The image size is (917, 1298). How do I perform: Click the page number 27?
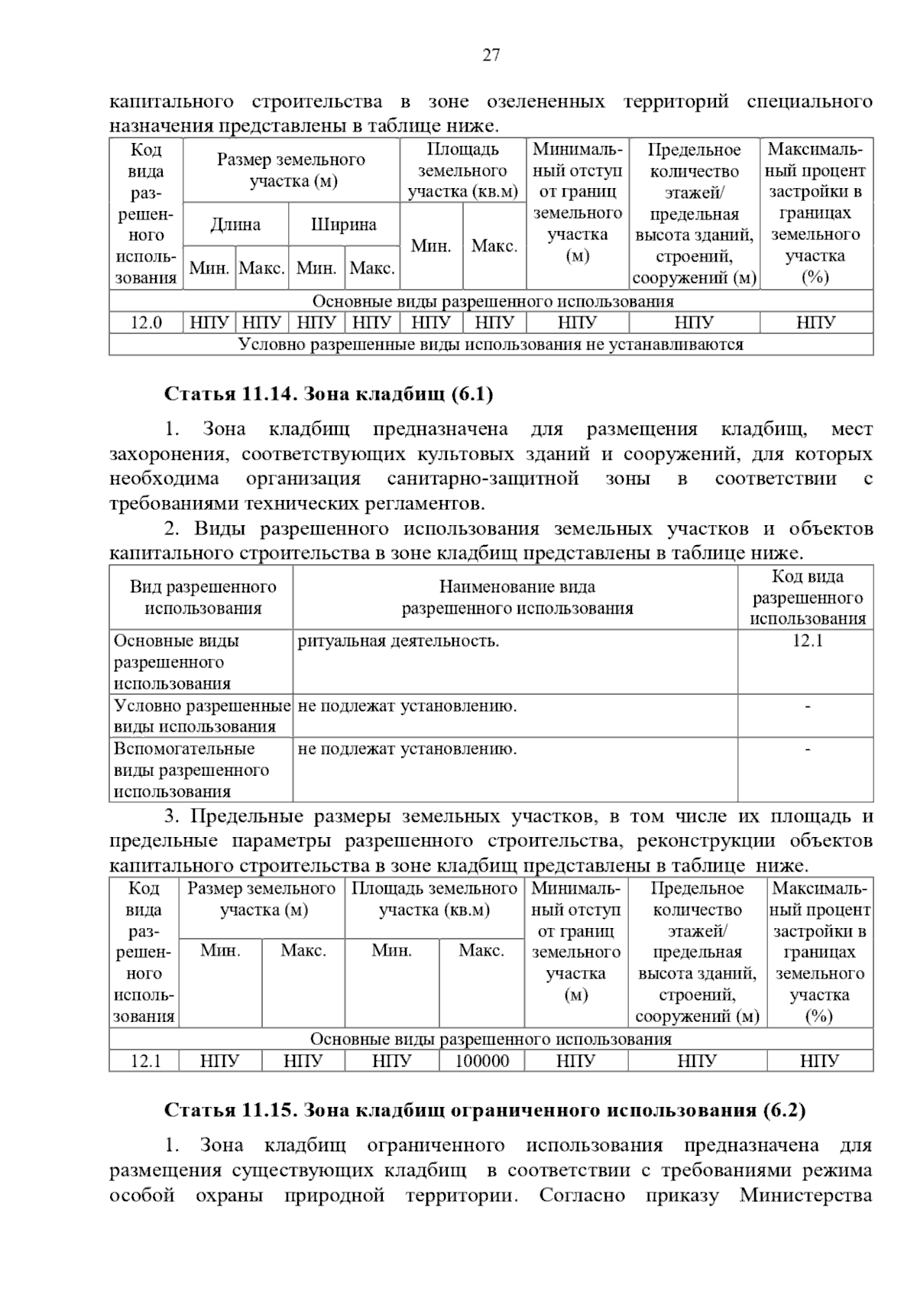coord(491,55)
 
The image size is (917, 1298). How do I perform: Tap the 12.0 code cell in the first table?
coord(146,323)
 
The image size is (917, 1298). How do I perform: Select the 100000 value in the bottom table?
coord(481,1061)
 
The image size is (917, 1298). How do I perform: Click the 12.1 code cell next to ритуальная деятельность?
coord(807,641)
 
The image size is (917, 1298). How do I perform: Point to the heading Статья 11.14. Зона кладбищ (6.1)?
coord(329,394)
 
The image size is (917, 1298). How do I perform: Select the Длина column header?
coord(235,225)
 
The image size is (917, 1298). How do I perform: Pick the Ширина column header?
coord(344,225)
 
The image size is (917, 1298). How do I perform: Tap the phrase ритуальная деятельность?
coord(398,641)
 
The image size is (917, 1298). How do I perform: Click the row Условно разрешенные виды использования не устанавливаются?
coord(491,345)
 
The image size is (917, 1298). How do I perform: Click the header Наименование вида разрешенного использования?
coord(517,598)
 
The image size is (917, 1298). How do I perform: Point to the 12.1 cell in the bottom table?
coord(144,1061)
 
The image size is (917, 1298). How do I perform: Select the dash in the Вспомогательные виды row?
coord(807,749)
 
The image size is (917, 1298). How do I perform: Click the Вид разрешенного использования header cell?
coord(203,598)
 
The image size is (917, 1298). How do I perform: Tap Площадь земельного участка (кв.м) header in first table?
coord(462,170)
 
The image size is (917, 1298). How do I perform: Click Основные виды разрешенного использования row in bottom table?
coord(491,1039)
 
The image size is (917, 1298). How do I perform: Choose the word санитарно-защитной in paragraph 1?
coord(482,479)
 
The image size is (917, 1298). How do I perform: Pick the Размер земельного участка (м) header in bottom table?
coord(261,899)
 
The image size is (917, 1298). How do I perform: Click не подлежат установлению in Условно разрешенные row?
coord(407,706)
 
